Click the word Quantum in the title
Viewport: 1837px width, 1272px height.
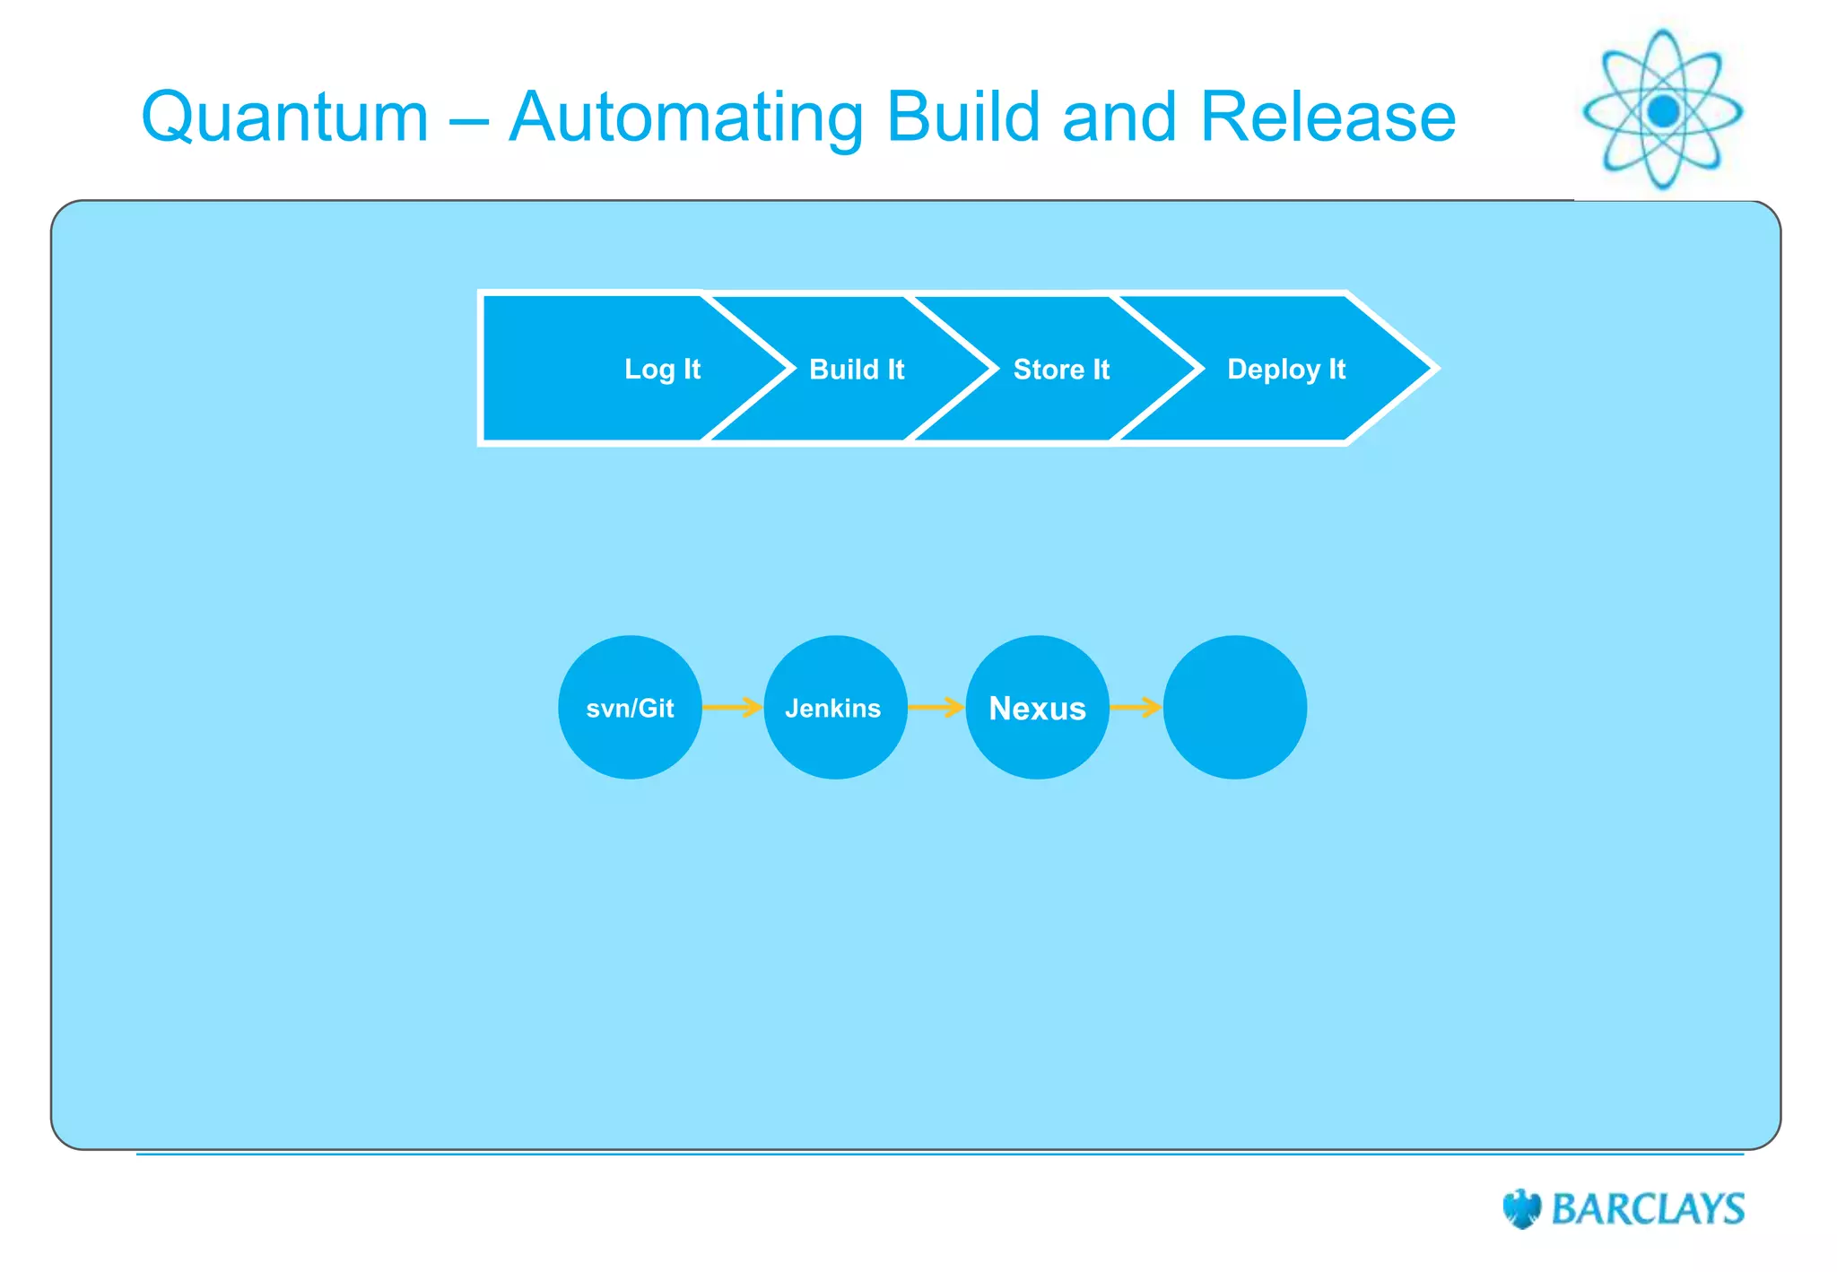click(285, 118)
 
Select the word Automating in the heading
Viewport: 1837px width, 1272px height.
click(686, 118)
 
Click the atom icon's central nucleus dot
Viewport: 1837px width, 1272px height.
click(1663, 111)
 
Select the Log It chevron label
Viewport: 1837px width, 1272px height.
click(662, 369)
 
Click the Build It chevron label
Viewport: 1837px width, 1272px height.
click(857, 369)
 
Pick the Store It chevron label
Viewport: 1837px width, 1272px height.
click(1061, 369)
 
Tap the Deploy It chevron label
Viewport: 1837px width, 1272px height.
click(1285, 369)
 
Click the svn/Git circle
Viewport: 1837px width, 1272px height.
click(630, 708)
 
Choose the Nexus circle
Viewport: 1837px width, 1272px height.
click(1037, 708)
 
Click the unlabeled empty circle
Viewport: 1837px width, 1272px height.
click(1234, 708)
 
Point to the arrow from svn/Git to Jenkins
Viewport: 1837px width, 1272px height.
click(732, 708)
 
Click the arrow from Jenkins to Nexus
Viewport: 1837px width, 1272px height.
click(936, 708)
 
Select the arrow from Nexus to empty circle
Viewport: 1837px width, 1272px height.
click(1136, 708)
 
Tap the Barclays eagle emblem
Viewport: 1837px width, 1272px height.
click(1521, 1208)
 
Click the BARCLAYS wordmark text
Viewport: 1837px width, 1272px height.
click(1648, 1208)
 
